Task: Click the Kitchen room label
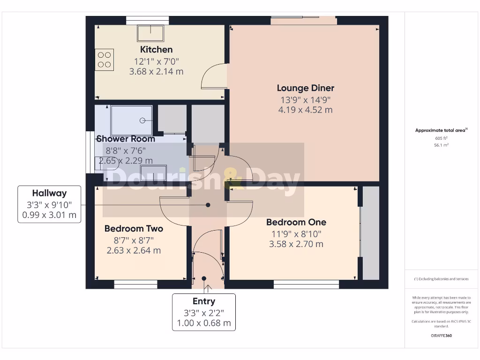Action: [x=156, y=49]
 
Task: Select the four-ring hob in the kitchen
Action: [x=104, y=60]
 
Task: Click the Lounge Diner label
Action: [x=305, y=88]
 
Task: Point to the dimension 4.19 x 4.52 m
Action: [x=305, y=110]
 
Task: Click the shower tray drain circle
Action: [x=142, y=120]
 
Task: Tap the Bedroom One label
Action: [x=296, y=222]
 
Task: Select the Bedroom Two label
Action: [x=134, y=229]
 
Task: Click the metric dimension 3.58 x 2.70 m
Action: [x=296, y=244]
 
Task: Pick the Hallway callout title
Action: [x=49, y=193]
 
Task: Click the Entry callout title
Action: [x=204, y=301]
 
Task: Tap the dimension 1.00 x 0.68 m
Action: [x=204, y=323]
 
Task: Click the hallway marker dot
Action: [x=208, y=205]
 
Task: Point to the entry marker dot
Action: [x=204, y=278]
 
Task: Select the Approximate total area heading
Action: [x=441, y=131]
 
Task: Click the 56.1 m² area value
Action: [x=441, y=145]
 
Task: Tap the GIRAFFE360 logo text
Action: [x=441, y=336]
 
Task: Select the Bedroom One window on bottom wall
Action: [x=306, y=284]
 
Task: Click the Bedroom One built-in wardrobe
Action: [x=371, y=233]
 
